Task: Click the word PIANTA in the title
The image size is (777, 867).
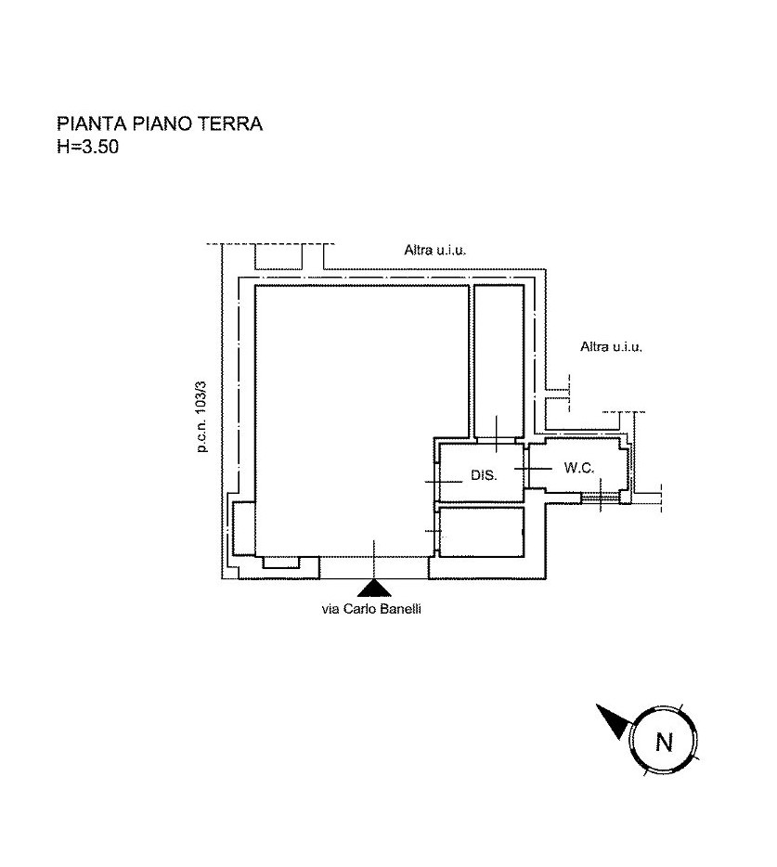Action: pos(92,123)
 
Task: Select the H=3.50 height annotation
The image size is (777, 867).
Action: pos(88,147)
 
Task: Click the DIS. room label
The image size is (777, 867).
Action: pos(484,475)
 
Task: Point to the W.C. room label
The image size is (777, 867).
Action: pos(579,468)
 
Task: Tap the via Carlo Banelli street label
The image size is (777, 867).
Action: pos(371,609)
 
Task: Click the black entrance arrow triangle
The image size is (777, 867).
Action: pos(374,589)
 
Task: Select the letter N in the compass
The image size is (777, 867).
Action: pos(664,742)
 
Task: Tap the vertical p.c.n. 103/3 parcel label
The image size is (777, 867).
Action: pos(201,417)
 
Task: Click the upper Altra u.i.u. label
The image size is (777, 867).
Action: pos(435,250)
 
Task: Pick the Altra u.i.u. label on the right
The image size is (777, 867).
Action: pos(611,346)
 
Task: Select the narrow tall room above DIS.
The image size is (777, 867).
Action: pos(499,360)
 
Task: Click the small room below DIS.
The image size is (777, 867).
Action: pos(481,532)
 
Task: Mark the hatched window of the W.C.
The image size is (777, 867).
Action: pos(600,498)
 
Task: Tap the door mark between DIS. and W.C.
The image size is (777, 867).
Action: pos(527,469)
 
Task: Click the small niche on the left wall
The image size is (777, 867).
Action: pos(244,527)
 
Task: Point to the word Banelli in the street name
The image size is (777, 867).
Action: pos(403,609)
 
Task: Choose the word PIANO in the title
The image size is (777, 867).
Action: pos(162,123)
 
